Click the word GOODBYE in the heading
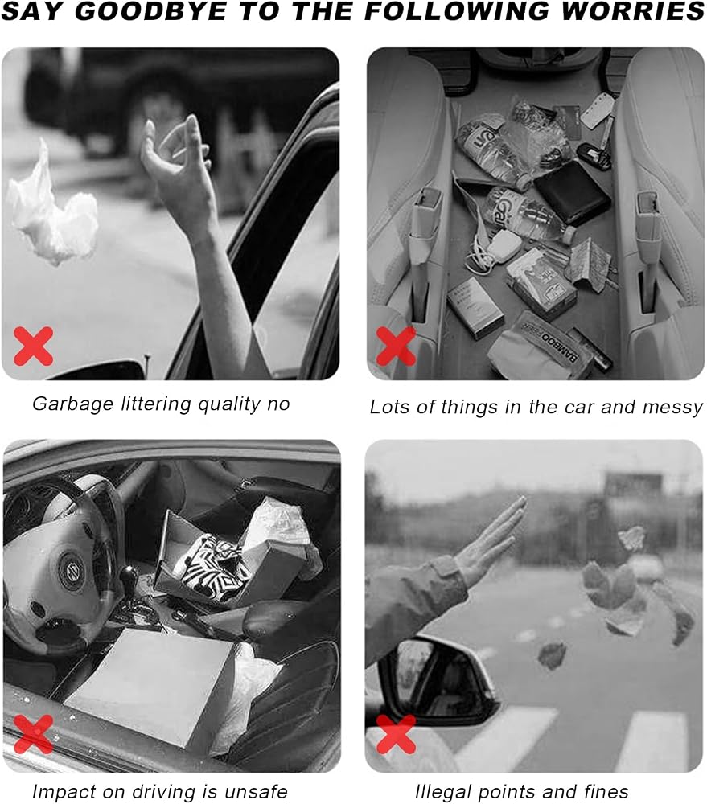pos(150,11)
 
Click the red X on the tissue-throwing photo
pos(33,346)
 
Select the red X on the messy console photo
pos(396,347)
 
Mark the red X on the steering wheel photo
pos(33,734)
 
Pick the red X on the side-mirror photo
pos(396,735)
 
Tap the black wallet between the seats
pos(572,194)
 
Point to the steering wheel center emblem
pos(71,569)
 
